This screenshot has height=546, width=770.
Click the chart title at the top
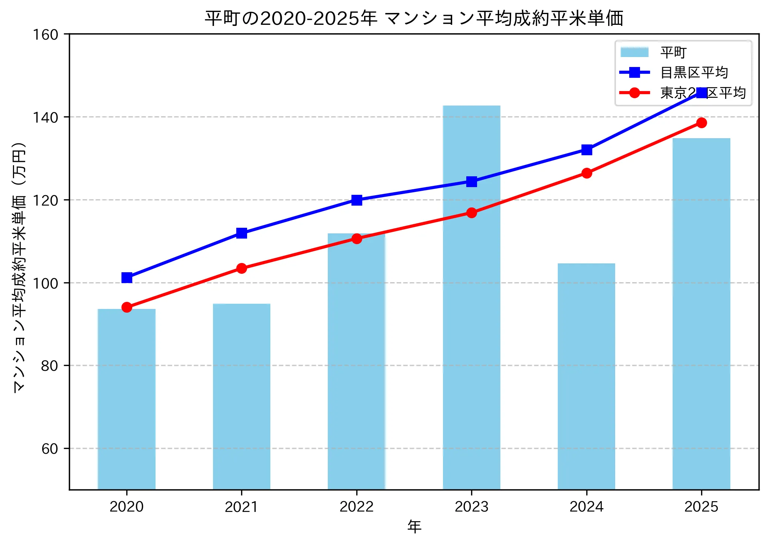[414, 19]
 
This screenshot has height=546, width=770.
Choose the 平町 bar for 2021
[241, 396]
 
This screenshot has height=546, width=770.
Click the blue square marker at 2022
[357, 200]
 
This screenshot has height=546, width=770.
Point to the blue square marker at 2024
[587, 150]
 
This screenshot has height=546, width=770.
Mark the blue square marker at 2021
[241, 233]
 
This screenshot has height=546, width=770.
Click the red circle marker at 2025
[701, 123]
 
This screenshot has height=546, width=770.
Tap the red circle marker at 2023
[471, 213]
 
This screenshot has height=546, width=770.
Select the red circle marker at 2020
[127, 307]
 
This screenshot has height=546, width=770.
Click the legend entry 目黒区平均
[694, 73]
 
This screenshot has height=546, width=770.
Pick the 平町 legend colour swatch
[634, 52]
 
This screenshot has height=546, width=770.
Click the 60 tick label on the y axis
[50, 449]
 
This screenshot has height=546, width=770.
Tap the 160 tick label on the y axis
[46, 35]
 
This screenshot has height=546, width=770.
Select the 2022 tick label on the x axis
[356, 507]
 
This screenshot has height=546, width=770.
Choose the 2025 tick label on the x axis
[701, 507]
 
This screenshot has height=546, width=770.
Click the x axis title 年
[414, 526]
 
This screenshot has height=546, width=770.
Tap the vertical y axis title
[19, 267]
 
